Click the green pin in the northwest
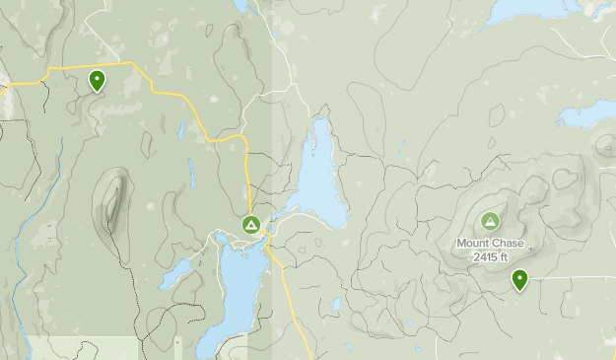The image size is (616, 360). [97, 79]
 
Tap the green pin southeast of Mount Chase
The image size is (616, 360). [519, 280]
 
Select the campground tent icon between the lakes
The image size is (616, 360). [251, 226]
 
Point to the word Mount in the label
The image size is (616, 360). [473, 244]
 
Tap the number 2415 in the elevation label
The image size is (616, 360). [483, 257]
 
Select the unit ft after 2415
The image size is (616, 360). [504, 257]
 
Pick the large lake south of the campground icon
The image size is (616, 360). [235, 291]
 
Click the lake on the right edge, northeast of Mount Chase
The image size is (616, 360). [589, 113]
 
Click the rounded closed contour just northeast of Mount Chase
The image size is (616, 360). [564, 180]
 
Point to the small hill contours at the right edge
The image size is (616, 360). [605, 146]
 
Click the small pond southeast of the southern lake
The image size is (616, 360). [336, 305]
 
